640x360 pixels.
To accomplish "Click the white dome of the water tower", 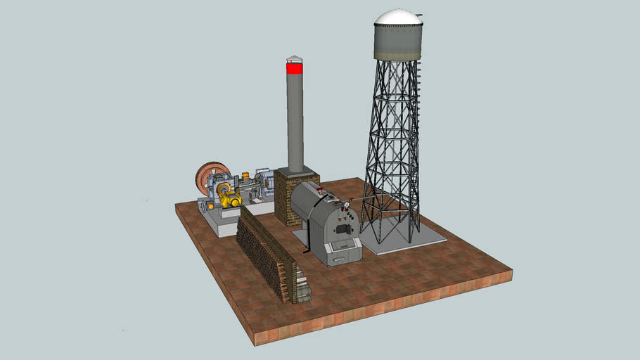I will tap(398, 16).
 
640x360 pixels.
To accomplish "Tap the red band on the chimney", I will tap(295, 68).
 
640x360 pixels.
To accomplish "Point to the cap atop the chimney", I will tap(294, 59).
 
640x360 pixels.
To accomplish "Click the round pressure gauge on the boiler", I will tap(346, 205).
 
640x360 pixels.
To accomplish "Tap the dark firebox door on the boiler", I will tap(343, 229).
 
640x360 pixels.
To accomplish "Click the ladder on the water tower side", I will tap(418, 105).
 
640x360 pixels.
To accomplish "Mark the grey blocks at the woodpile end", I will tap(302, 288).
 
